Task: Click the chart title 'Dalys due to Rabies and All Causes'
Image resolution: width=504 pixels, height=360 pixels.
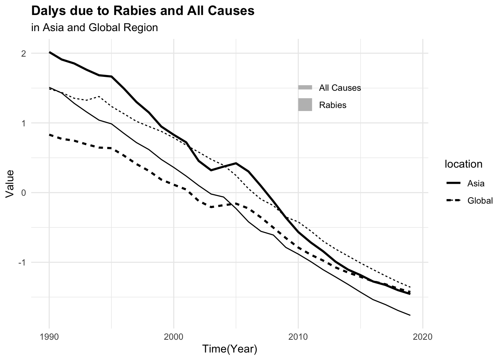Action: click(143, 11)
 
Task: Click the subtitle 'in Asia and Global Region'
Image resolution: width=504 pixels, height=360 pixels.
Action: click(94, 28)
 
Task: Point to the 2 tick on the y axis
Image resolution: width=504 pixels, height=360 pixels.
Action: click(23, 54)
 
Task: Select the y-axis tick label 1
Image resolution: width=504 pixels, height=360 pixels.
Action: click(23, 123)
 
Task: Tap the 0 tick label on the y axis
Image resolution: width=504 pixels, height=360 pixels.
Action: click(23, 193)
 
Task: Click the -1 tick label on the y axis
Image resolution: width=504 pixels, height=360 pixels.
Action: click(22, 262)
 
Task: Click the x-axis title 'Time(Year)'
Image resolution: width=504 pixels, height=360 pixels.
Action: click(229, 349)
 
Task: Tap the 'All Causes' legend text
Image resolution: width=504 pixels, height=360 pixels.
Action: click(340, 88)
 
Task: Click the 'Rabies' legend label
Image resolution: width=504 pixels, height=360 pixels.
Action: click(333, 105)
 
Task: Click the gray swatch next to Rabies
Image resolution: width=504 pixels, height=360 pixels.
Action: click(305, 105)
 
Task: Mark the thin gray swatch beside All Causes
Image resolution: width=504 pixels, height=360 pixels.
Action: click(305, 88)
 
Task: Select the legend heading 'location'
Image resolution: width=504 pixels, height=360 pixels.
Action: click(463, 164)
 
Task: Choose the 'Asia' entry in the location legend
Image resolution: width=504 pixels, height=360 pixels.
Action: click(475, 184)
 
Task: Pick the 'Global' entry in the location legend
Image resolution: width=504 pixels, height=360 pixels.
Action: click(480, 201)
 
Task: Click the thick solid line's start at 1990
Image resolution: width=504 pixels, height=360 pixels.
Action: click(49, 52)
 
